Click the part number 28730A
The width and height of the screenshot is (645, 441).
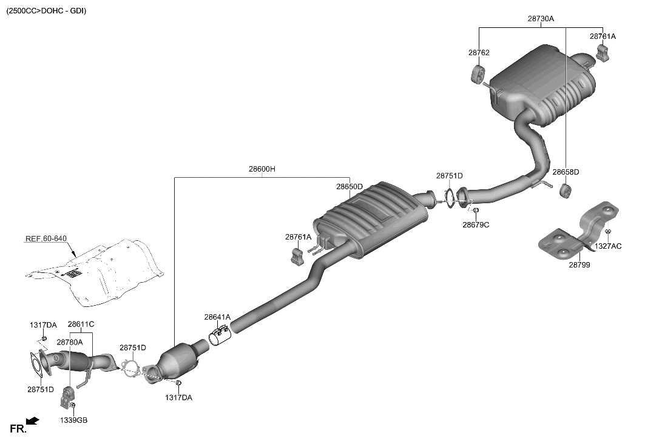[x=540, y=19]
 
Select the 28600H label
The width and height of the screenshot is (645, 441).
[x=262, y=169]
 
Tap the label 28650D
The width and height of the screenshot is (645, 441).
[x=350, y=186]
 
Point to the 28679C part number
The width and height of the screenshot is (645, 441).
[x=476, y=224]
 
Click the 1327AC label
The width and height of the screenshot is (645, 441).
[x=607, y=246]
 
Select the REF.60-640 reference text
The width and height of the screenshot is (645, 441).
[x=46, y=238]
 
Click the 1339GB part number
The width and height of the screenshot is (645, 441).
[x=73, y=420]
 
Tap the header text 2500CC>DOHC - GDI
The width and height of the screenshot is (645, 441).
[x=46, y=11]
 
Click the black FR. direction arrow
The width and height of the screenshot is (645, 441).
[x=33, y=420]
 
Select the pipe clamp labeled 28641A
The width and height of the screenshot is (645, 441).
[x=219, y=336]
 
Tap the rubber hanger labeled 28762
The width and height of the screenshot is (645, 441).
[x=477, y=74]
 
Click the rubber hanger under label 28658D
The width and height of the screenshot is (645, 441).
[x=564, y=192]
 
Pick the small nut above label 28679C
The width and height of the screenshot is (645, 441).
[x=476, y=210]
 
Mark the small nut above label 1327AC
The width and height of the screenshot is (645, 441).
[x=608, y=232]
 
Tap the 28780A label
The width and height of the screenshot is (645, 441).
[x=70, y=342]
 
